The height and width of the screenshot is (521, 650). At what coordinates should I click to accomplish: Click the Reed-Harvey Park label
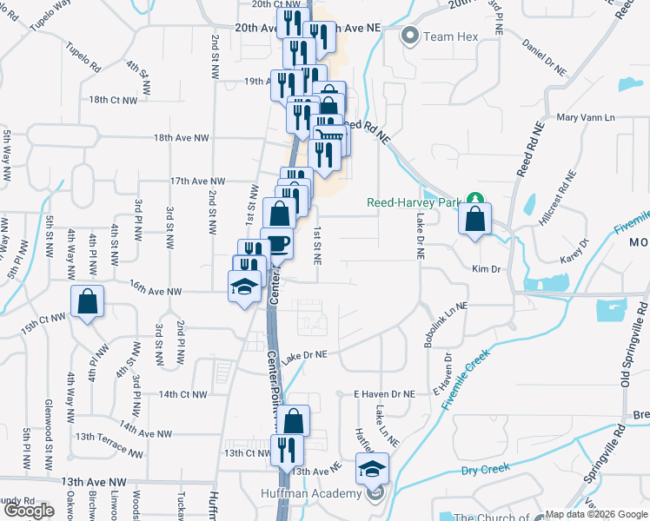(x=411, y=201)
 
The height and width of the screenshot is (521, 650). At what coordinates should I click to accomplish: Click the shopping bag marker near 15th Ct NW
(x=87, y=302)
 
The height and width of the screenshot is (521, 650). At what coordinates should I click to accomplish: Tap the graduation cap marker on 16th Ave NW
(x=245, y=286)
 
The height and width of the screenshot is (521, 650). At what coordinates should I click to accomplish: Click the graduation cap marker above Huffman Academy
(x=372, y=470)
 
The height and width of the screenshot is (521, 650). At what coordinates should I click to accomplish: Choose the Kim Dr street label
(x=487, y=269)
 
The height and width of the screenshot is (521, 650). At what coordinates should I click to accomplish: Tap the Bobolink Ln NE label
(x=446, y=325)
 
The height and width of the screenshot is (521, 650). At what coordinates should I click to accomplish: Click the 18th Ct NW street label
(x=113, y=100)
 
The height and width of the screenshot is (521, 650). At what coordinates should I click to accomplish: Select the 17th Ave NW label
(x=197, y=181)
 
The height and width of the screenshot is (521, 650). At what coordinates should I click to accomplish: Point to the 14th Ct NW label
(x=182, y=394)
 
